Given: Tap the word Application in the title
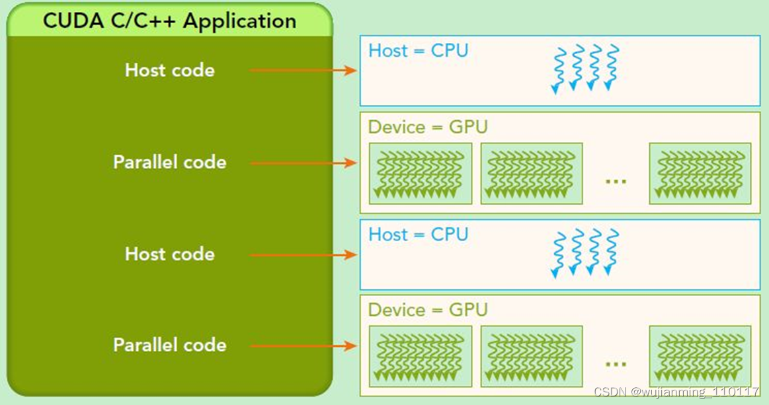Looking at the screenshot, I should (240, 21).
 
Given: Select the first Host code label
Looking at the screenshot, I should (170, 70).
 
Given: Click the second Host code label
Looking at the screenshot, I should (170, 254).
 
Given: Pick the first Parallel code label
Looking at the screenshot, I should (170, 163).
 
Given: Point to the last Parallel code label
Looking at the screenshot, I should (170, 345).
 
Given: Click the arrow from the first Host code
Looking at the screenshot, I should (304, 70).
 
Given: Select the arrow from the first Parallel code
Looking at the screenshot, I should (304, 163).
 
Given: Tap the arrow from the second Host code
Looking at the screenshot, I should (304, 254).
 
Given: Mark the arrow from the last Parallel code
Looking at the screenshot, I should (304, 346).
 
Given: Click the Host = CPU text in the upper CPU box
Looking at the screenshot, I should (418, 51).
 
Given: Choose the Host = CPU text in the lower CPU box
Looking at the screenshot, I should (418, 235).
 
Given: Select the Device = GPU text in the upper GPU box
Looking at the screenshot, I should (427, 127).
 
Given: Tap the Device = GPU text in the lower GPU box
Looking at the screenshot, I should (427, 310).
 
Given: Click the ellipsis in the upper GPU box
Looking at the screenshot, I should (616, 180).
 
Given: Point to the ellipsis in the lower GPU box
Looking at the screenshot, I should (616, 363).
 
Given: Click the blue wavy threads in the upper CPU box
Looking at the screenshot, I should (586, 69).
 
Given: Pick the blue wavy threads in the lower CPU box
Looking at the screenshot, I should (586, 252).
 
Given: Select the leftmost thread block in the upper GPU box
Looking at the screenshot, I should (421, 174).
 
